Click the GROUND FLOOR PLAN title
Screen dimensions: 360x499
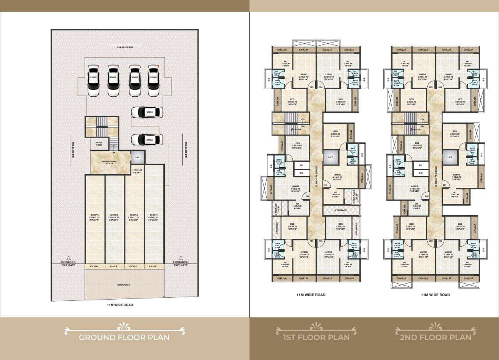(124, 337)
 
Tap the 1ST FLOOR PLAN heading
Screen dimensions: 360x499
(316, 337)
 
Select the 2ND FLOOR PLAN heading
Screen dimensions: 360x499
(435, 337)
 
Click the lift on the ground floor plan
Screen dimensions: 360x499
(137, 157)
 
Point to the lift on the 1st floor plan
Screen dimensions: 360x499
(330, 157)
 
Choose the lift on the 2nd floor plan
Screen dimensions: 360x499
(449, 157)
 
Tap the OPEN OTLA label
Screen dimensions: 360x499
(124, 285)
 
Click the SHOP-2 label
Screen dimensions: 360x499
(114, 215)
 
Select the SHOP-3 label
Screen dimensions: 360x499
(134, 215)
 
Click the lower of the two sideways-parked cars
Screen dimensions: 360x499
(147, 139)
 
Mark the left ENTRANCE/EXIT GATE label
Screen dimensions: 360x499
(69, 263)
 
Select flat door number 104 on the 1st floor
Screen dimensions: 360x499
(308, 196)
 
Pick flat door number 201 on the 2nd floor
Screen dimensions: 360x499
(444, 185)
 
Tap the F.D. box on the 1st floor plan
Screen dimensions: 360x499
(301, 165)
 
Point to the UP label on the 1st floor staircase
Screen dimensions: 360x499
(299, 129)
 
